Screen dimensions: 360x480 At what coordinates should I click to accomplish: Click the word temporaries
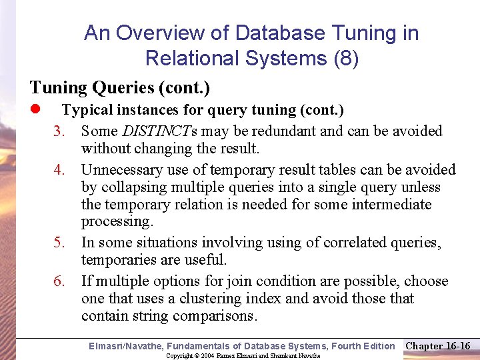coord(117,260)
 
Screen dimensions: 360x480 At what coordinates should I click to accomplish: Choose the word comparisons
coord(217,315)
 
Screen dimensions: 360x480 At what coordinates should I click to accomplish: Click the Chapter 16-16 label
coord(438,345)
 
